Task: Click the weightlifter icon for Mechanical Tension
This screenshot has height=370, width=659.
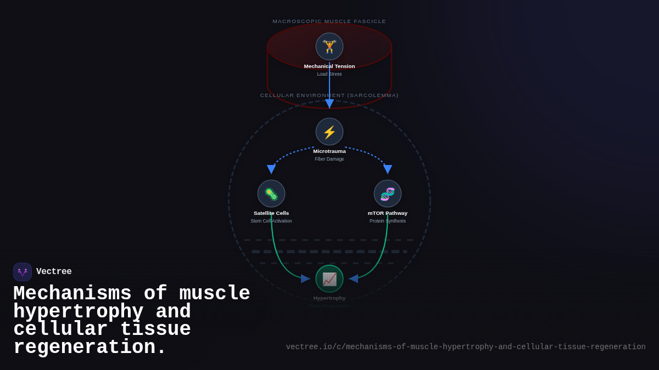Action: click(329, 47)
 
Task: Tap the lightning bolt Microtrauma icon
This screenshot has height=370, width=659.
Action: click(329, 132)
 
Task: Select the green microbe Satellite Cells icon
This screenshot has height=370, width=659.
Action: click(271, 193)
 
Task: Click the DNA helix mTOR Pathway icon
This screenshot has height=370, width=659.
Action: click(388, 193)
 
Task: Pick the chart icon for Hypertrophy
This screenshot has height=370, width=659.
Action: click(329, 278)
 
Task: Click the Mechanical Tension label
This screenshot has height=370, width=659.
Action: click(329, 66)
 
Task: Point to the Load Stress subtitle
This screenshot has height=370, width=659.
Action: click(329, 74)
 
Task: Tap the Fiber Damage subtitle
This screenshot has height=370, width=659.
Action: click(329, 159)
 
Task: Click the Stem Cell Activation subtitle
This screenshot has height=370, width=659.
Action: click(271, 221)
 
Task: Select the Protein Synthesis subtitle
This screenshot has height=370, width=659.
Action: click(388, 221)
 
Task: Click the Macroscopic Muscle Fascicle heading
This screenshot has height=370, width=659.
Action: click(329, 21)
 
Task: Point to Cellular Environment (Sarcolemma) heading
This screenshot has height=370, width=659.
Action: click(329, 95)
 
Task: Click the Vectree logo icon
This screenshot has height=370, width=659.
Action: click(23, 272)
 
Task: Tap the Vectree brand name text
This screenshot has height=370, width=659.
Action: click(54, 272)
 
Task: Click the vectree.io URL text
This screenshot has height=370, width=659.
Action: click(466, 347)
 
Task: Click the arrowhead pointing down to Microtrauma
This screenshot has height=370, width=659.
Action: click(329, 104)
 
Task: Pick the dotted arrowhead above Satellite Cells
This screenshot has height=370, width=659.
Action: click(271, 169)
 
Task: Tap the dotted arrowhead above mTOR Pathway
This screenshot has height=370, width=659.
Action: click(388, 169)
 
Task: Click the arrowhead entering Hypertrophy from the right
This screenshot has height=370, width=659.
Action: click(353, 278)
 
